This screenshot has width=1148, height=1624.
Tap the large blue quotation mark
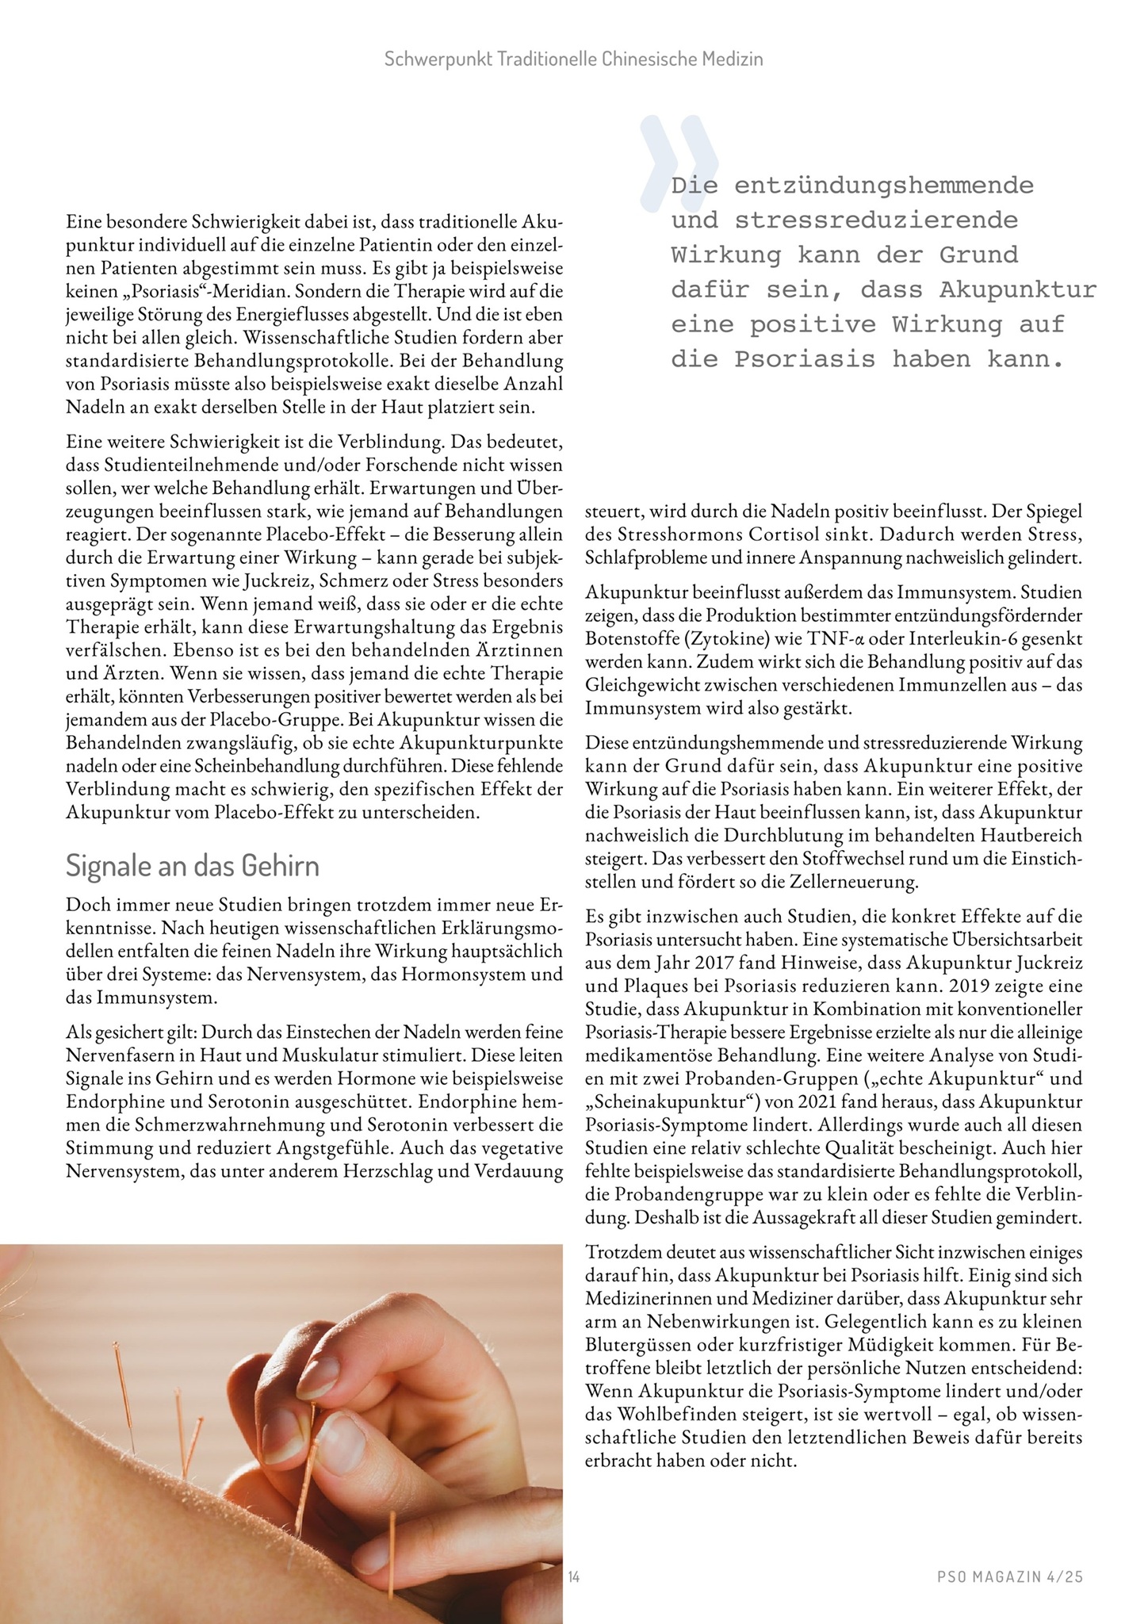pyautogui.click(x=679, y=163)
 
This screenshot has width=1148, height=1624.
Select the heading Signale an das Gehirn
pyautogui.click(x=192, y=866)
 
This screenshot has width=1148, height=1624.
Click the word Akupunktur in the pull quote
pyautogui.click(x=1018, y=290)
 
